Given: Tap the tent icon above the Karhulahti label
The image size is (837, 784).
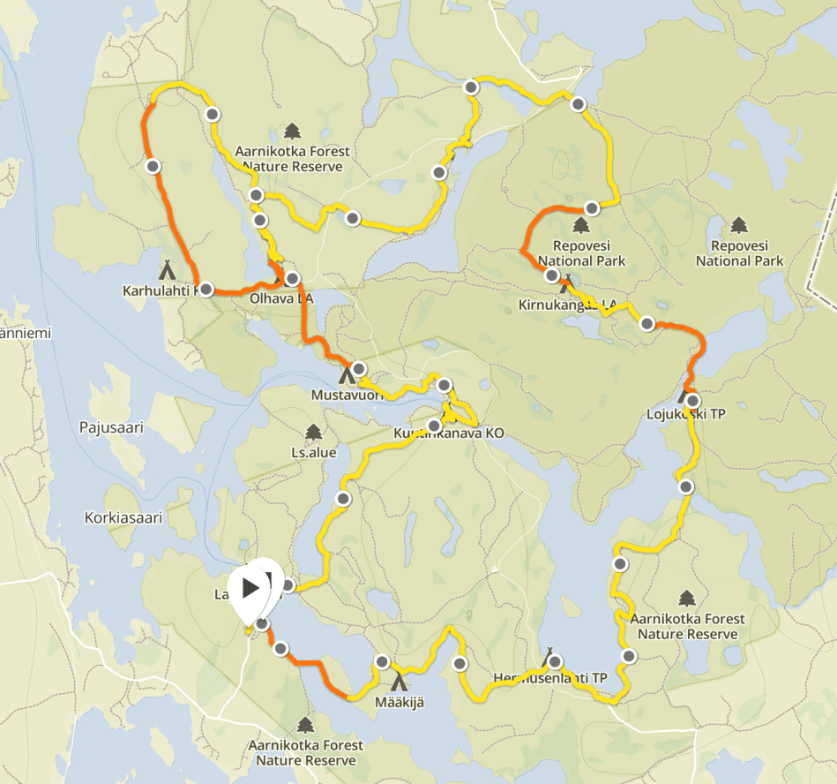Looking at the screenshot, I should [x=165, y=268].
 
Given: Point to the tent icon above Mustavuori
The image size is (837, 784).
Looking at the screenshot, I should [x=347, y=375].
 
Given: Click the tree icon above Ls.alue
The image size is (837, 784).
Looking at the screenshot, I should [x=312, y=432].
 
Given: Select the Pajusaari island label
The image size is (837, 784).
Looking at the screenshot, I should [x=110, y=427].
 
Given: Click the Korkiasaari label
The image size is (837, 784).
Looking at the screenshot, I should [x=123, y=518].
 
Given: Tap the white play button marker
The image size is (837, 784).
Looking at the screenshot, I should [x=250, y=587].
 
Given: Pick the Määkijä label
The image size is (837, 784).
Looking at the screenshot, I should [x=400, y=702].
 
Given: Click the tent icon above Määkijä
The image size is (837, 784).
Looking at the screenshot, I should [x=399, y=681].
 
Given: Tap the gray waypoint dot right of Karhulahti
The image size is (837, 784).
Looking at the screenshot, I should [x=206, y=289].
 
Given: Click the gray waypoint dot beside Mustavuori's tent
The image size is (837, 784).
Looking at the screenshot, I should [x=358, y=368].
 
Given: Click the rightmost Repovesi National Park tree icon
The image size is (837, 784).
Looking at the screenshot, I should [x=739, y=225].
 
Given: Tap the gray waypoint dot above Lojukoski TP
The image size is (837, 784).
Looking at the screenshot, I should [x=646, y=324].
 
